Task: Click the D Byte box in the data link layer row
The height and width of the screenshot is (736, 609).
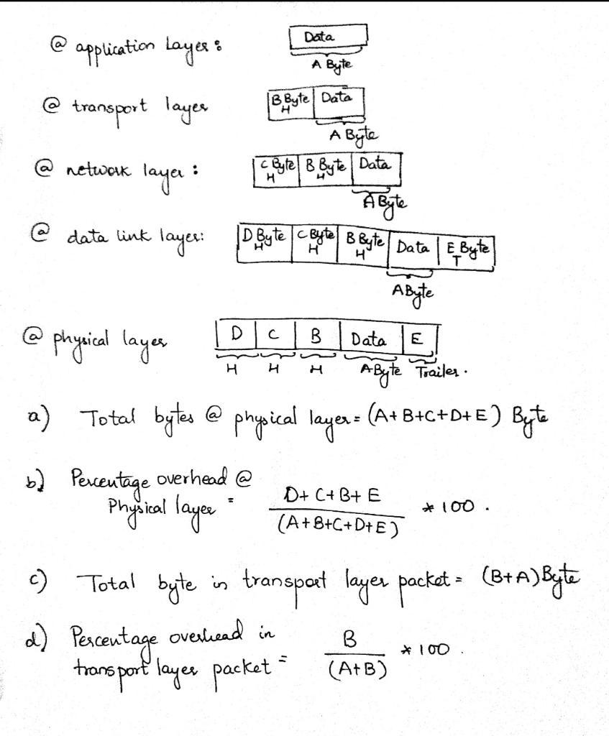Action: pyautogui.click(x=264, y=239)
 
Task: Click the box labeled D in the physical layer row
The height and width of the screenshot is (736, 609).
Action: pyautogui.click(x=236, y=336)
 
